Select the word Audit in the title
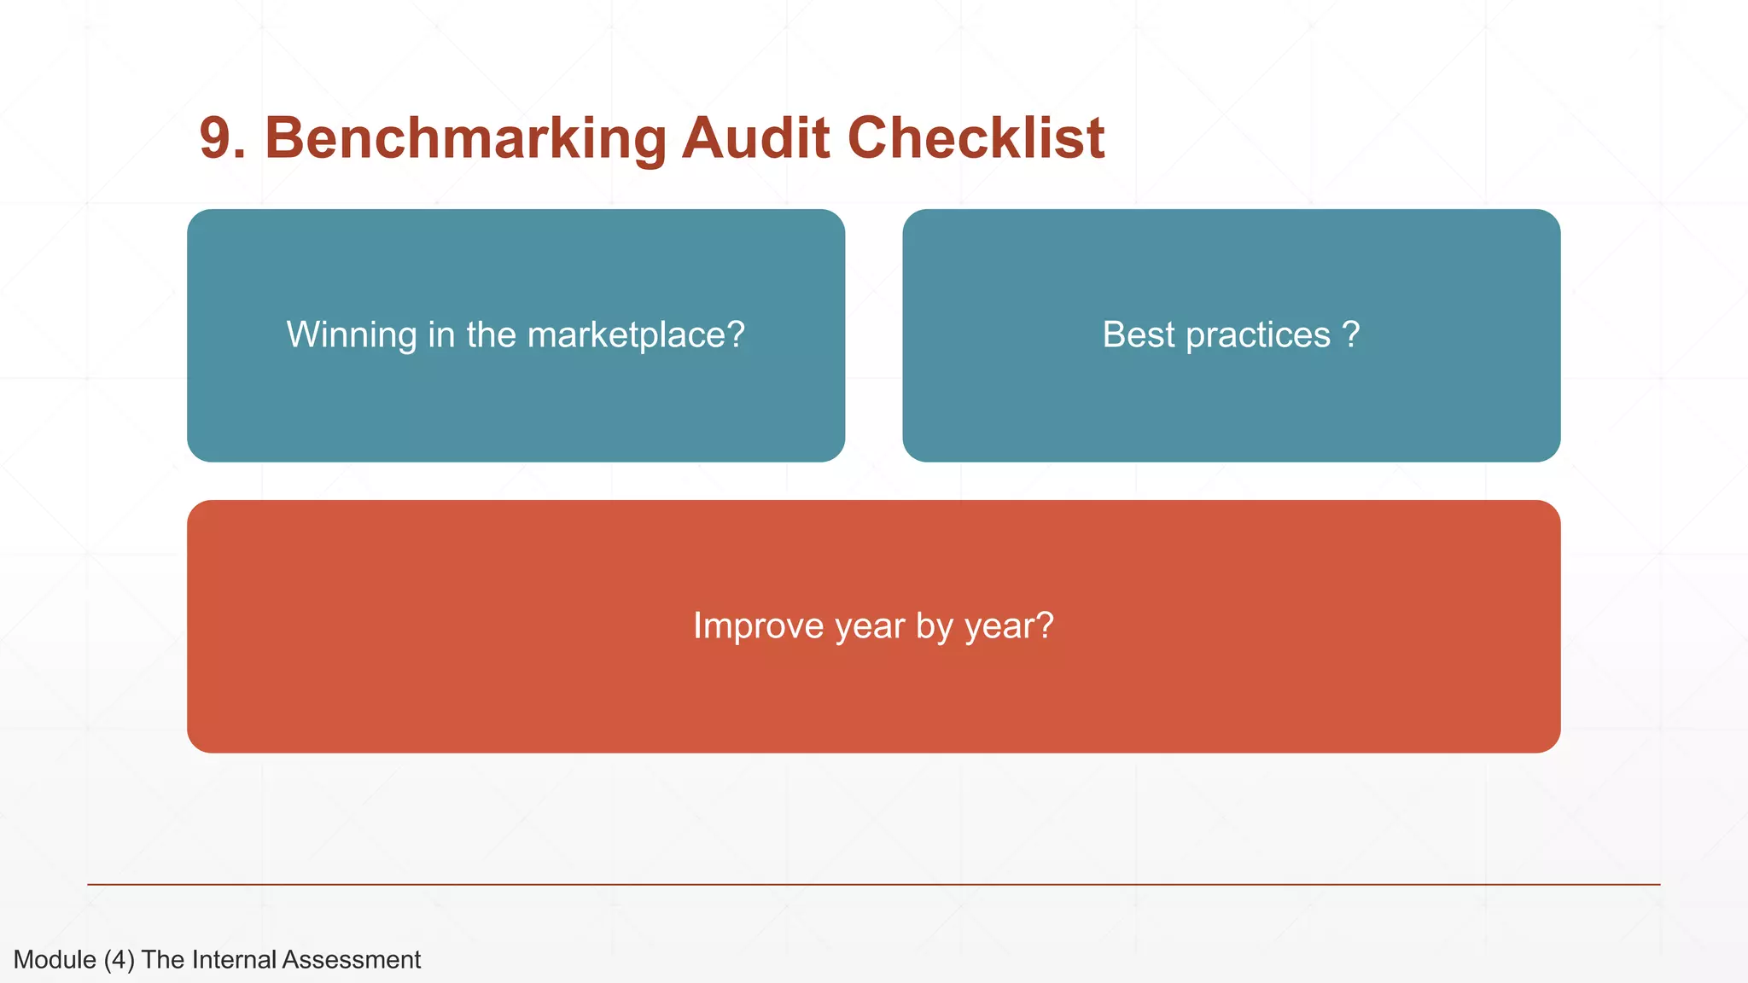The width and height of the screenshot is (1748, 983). (755, 138)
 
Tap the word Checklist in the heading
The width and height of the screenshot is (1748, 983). (976, 138)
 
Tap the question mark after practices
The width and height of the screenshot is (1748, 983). (1351, 335)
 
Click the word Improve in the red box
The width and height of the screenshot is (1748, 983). (757, 626)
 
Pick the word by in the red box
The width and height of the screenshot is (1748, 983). (934, 626)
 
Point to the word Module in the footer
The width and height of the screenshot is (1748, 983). (55, 960)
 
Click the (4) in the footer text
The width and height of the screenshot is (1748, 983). (119, 960)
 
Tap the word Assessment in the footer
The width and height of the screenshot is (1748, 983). (352, 960)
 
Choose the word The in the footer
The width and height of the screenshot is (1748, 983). (163, 960)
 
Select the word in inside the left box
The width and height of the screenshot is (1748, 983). (440, 335)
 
